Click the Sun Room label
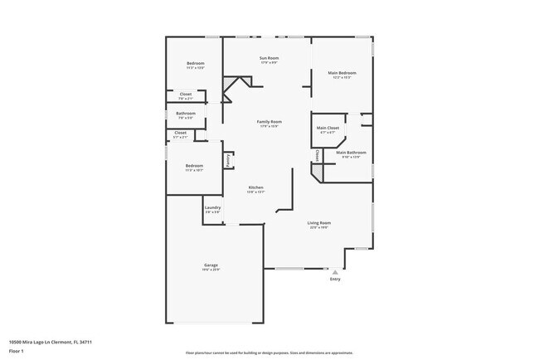click(269, 58)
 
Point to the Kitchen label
click(256, 188)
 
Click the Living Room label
click(319, 222)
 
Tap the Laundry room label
click(212, 208)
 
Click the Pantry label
click(228, 161)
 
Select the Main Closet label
click(328, 128)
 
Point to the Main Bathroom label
click(351, 153)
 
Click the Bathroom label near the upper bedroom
click(185, 113)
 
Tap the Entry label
click(335, 279)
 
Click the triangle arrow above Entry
click(335, 271)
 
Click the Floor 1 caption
click(17, 351)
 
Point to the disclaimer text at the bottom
click(269, 352)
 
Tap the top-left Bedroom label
click(195, 64)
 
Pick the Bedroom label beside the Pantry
click(195, 165)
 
